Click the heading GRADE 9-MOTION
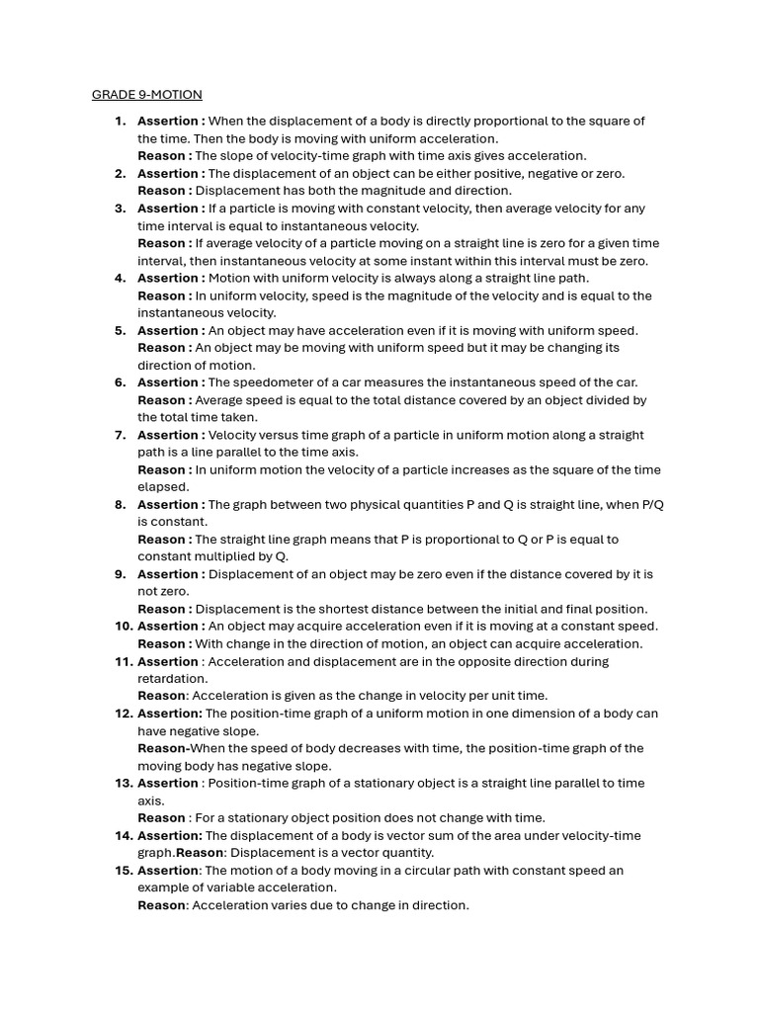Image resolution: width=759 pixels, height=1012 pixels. click(146, 95)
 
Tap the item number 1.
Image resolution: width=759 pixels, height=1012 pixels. click(121, 122)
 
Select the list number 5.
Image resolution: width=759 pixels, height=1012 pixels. click(121, 331)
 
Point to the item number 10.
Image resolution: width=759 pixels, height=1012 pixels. click(124, 627)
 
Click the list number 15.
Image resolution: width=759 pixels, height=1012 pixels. click(124, 871)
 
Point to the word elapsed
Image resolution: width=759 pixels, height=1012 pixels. click(163, 487)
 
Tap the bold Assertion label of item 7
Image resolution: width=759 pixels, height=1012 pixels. click(171, 435)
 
